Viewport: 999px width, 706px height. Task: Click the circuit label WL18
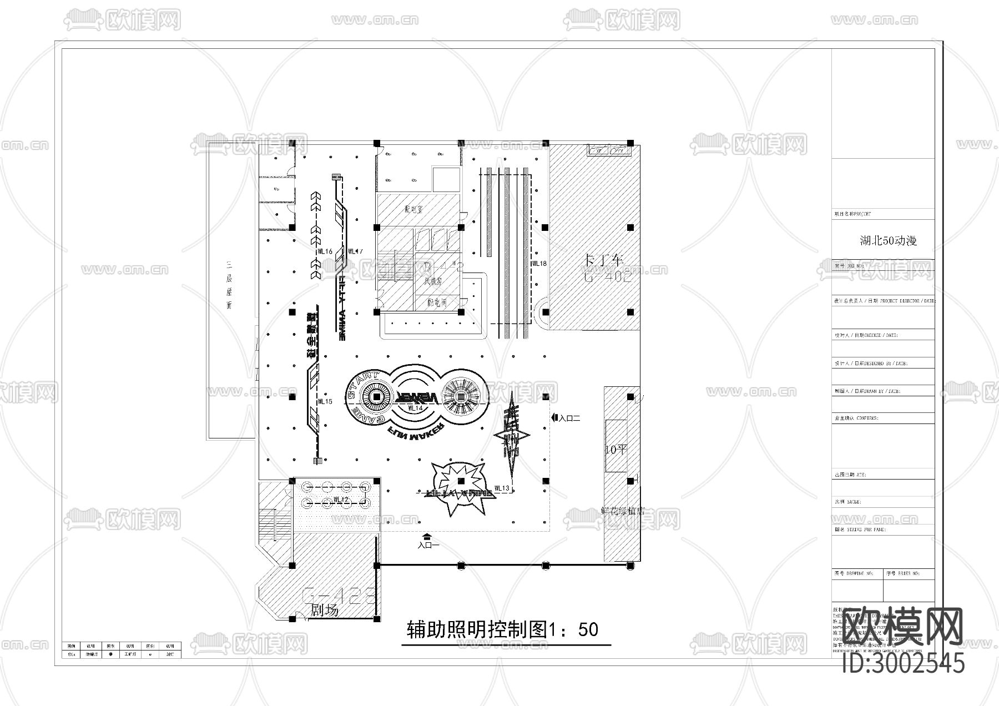(x=539, y=263)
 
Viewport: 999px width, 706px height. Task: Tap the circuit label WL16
(x=325, y=251)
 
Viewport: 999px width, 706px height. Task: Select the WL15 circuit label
(x=325, y=401)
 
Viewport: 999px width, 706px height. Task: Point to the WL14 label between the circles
(x=415, y=408)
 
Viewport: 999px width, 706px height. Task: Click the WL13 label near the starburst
(x=501, y=488)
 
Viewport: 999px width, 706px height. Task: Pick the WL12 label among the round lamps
(x=341, y=500)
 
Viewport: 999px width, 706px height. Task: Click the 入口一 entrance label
(x=428, y=546)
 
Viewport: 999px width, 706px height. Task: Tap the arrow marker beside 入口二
(x=554, y=418)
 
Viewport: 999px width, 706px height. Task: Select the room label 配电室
(x=414, y=209)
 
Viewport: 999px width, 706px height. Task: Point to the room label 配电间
(x=437, y=302)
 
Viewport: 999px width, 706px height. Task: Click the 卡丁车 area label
(x=605, y=260)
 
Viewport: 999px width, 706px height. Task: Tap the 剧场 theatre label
(x=324, y=611)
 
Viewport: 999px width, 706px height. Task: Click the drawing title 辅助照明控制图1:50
(x=503, y=629)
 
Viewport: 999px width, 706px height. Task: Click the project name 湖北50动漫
(x=888, y=241)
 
